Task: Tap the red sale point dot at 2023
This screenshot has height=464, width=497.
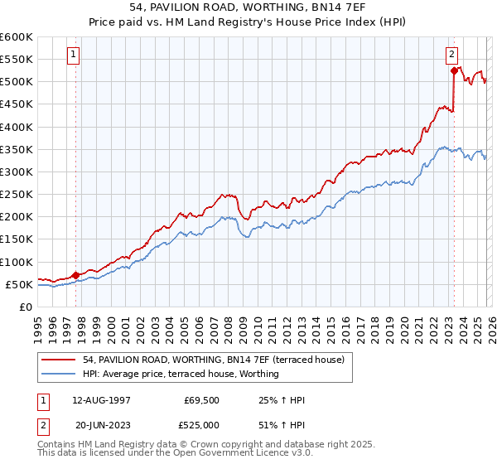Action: tap(454, 71)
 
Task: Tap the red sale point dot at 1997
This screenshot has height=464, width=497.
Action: tap(75, 275)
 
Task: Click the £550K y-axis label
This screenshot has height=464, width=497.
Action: tap(17, 60)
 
